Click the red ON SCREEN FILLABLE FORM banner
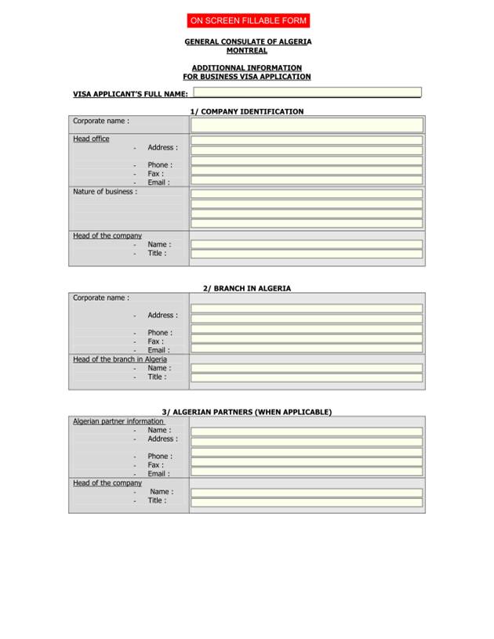[248, 20]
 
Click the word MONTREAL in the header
[247, 51]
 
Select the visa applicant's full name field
[307, 92]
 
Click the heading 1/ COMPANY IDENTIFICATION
[247, 112]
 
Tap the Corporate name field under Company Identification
[307, 125]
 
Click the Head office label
[91, 139]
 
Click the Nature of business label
[104, 191]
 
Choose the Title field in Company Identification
[307, 254]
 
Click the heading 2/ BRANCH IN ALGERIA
[247, 288]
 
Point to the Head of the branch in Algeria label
[120, 359]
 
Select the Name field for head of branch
[307, 368]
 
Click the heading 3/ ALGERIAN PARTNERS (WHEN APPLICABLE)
[247, 412]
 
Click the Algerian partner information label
[118, 421]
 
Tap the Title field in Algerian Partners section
[307, 502]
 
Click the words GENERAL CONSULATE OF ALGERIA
[248, 42]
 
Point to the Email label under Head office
[158, 182]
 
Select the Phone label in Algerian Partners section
[159, 456]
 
